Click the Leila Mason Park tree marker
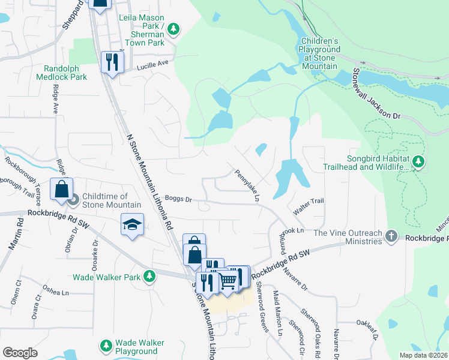[173, 28]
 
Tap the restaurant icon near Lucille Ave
[112, 62]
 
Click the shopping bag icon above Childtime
[61, 189]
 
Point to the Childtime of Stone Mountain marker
[73, 200]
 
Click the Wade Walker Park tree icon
[149, 277]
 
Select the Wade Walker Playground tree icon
[106, 346]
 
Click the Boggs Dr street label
[178, 199]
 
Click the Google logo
[20, 353]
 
